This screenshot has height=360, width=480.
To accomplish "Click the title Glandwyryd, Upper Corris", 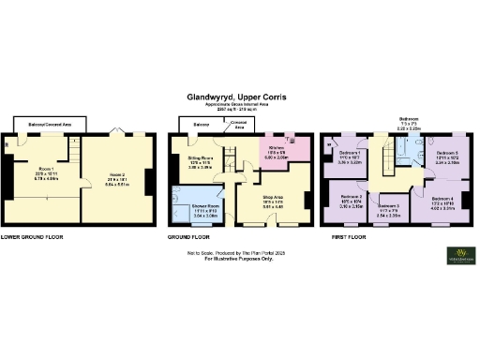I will click(x=239, y=95).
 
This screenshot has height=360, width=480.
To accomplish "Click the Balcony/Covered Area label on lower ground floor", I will click(x=47, y=123).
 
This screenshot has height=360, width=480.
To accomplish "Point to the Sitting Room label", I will click(x=199, y=160).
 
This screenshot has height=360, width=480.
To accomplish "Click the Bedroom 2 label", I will click(x=352, y=199).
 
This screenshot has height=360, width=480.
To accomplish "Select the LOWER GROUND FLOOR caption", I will click(x=32, y=237).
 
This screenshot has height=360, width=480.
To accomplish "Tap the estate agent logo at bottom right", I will click(x=458, y=255).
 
